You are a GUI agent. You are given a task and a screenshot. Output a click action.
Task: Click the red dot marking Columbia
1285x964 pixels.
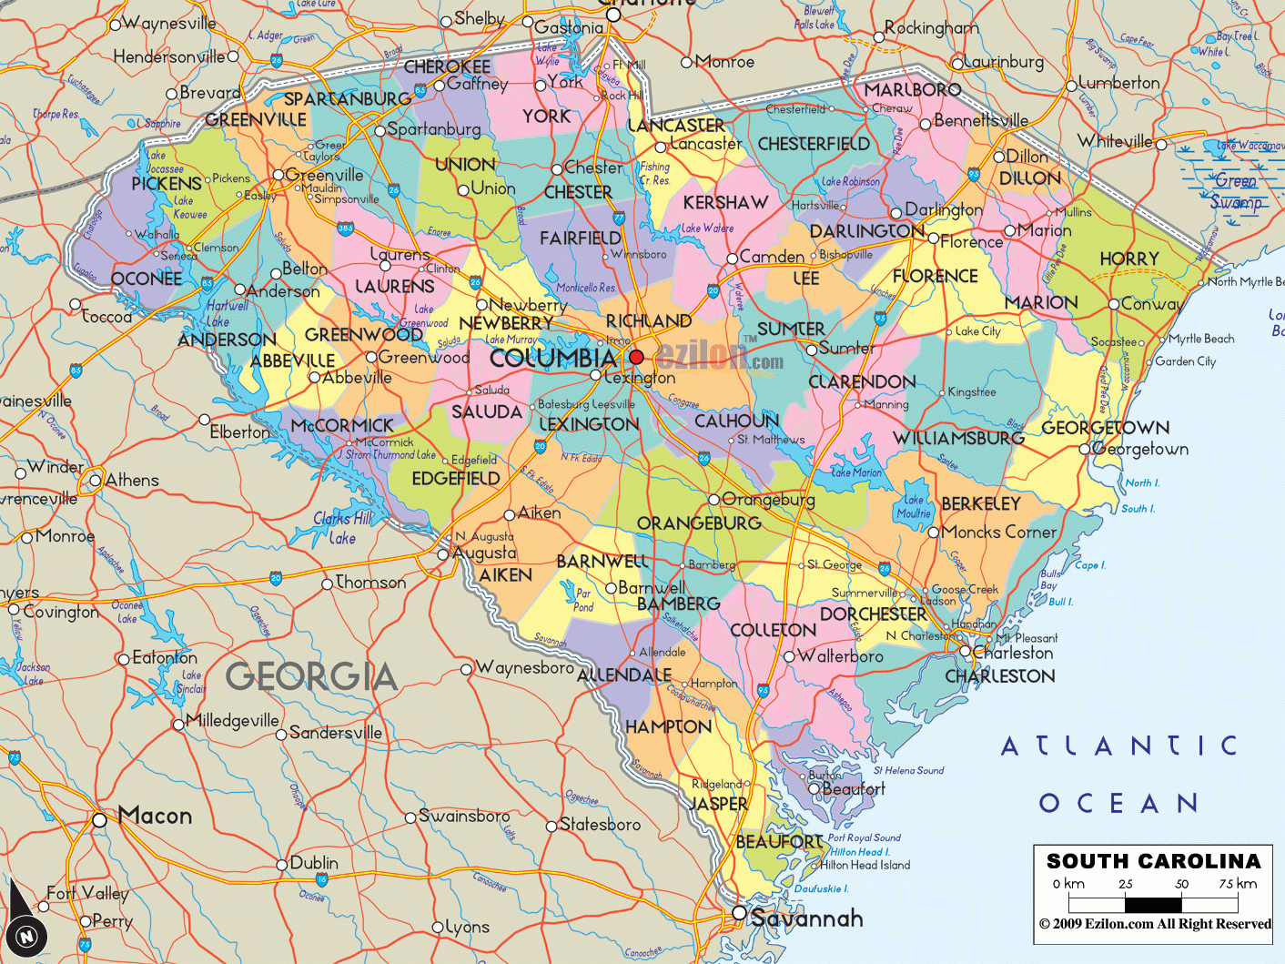click(x=636, y=357)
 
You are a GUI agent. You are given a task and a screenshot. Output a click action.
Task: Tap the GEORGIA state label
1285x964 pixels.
click(x=311, y=676)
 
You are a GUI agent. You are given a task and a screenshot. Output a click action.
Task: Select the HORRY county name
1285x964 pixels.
click(x=1128, y=259)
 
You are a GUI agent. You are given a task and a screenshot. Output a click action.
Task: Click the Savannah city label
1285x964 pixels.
click(x=806, y=918)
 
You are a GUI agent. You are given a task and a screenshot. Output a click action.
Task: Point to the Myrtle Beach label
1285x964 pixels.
click(x=1201, y=339)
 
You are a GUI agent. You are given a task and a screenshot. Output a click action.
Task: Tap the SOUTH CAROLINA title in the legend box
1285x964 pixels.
click(x=1153, y=861)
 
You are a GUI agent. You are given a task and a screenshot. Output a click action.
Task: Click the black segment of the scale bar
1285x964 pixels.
click(x=1153, y=905)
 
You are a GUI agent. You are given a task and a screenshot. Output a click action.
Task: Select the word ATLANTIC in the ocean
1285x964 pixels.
click(x=1118, y=746)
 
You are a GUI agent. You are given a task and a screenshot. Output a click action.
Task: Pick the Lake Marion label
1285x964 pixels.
click(x=856, y=472)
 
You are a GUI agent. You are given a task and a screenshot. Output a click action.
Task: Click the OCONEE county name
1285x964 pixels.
click(x=146, y=278)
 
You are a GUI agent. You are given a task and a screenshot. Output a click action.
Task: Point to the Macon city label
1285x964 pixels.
click(x=155, y=816)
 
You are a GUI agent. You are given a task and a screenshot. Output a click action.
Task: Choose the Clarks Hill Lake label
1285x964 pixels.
click(x=343, y=528)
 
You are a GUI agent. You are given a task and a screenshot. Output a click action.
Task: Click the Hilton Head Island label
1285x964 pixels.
click(x=865, y=865)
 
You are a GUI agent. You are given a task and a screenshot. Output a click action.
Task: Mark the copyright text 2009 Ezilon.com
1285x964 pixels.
click(x=1154, y=924)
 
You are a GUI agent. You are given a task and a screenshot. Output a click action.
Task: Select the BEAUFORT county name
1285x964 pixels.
click(x=779, y=842)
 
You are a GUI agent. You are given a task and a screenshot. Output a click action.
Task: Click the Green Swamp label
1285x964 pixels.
click(x=1235, y=191)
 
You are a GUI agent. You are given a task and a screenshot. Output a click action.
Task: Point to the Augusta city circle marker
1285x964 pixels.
click(x=443, y=553)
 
